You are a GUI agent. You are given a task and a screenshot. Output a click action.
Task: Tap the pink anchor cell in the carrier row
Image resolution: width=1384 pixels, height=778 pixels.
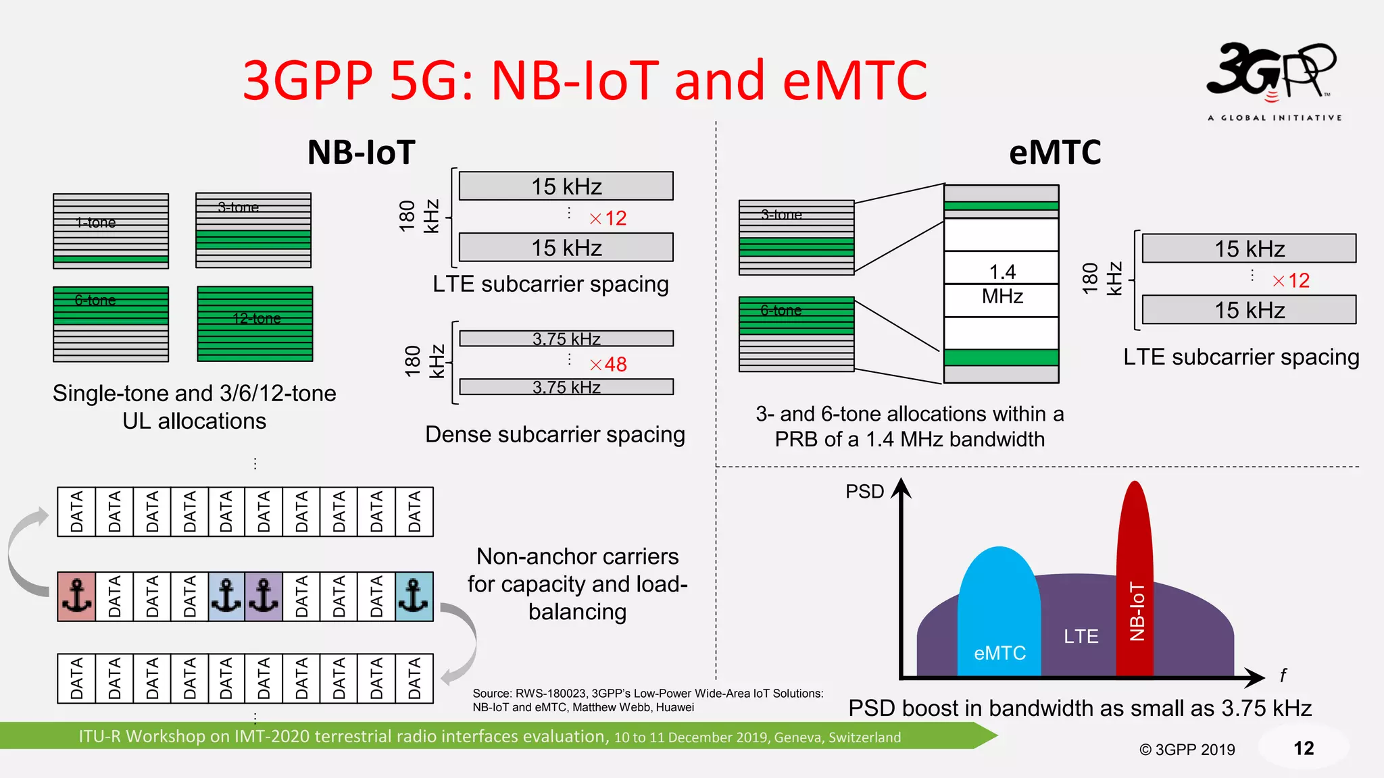pos(76,596)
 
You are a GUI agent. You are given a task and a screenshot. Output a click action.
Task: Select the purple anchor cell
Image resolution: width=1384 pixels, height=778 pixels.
pos(264,596)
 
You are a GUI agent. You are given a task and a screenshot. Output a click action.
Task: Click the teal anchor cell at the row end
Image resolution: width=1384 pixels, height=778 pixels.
pos(414,596)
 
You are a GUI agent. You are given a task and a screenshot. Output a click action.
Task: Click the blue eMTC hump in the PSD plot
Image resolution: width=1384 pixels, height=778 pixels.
pos(999,608)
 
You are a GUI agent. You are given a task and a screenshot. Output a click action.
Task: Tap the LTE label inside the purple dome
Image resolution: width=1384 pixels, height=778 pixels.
pos(1081,636)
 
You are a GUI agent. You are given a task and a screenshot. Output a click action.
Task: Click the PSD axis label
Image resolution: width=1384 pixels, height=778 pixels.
pos(864,492)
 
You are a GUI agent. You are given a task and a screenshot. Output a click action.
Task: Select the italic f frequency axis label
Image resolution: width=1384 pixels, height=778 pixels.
pos(1283,675)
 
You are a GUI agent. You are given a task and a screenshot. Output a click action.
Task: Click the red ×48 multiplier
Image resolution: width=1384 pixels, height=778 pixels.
pos(608,365)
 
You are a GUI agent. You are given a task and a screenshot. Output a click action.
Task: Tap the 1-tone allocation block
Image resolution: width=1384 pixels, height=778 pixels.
pos(111,231)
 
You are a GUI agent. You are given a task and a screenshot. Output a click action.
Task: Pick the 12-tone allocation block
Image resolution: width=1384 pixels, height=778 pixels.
pos(255,324)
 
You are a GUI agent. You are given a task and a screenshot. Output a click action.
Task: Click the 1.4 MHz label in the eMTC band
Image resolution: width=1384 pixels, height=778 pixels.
pos(1002,284)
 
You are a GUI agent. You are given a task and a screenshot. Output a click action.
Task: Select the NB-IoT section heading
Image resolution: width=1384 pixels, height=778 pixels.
pos(361,153)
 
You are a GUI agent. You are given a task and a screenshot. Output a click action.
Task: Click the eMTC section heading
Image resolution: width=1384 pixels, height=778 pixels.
pos(1054,153)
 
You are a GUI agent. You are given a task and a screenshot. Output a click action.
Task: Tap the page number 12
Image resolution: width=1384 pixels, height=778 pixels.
pos(1304,748)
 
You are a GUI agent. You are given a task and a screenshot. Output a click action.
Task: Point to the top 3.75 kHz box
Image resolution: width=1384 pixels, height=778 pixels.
pos(566,338)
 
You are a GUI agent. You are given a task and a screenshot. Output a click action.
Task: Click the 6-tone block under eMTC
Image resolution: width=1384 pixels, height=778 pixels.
pos(796,334)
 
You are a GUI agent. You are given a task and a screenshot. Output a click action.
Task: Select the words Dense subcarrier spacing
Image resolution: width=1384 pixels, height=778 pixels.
pos(555,434)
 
